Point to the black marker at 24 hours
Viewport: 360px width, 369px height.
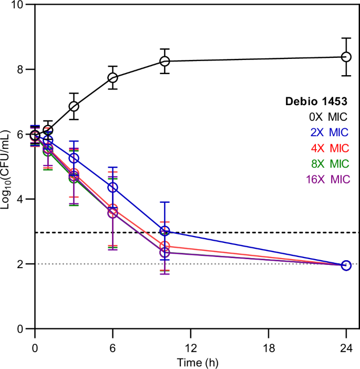coord(346,57)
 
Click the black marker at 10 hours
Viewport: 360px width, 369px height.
coord(164,61)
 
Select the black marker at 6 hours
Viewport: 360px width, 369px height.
coord(112,78)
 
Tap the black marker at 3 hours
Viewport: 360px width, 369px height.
coord(74,107)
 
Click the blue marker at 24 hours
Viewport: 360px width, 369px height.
coord(346,265)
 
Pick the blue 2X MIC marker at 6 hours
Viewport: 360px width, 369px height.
coord(112,187)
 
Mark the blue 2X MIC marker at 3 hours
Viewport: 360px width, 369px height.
coord(74,158)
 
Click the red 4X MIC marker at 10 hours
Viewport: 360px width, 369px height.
coord(164,246)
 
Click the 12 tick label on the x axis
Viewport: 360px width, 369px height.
coord(190,348)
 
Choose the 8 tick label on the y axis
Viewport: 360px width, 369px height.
coord(21,69)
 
